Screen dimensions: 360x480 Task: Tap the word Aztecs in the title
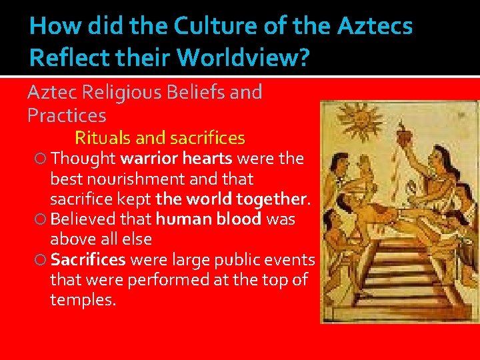click(x=375, y=26)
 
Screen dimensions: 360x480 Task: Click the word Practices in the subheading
click(x=67, y=115)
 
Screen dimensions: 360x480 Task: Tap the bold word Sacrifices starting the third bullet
click(x=88, y=259)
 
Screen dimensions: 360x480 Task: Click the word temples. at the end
click(x=83, y=299)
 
